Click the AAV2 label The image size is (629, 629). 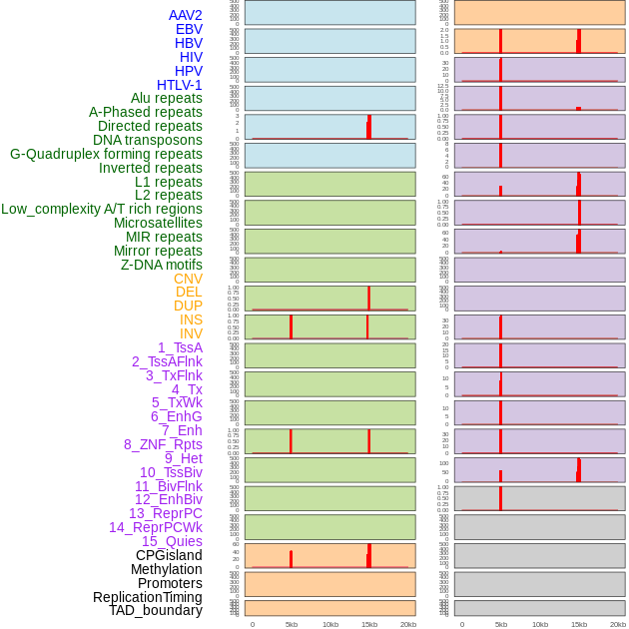(186, 15)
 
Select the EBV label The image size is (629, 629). (189, 29)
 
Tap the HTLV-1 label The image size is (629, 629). (180, 85)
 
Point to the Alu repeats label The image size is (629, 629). (167, 98)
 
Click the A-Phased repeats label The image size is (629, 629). (146, 112)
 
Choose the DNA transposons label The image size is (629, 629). (148, 140)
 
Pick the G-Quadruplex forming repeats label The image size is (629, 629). (106, 154)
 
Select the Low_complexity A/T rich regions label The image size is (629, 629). (102, 209)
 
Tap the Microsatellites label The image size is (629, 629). (158, 223)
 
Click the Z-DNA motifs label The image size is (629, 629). (162, 265)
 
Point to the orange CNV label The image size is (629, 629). (188, 279)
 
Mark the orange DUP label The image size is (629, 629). (188, 306)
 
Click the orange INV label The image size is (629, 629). (191, 333)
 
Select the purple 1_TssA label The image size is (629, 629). (180, 347)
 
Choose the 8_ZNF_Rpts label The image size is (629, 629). (163, 444)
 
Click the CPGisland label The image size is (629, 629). (169, 555)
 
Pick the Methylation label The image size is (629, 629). (167, 569)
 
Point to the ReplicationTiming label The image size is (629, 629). (148, 597)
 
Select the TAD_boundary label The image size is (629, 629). (156, 610)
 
